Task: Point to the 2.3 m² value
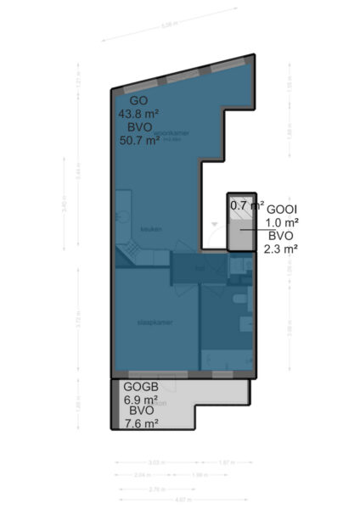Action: click(281, 249)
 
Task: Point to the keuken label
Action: click(150, 228)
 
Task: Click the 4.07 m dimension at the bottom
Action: click(182, 499)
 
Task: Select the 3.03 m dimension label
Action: click(155, 462)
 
